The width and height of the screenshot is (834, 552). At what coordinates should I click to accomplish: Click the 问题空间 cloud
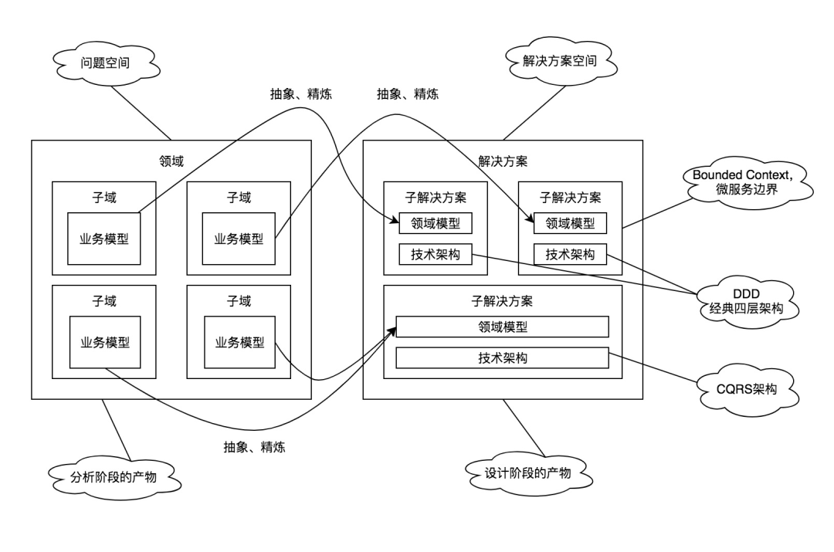[x=107, y=63]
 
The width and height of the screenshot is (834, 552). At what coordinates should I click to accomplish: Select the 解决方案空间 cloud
[x=560, y=61]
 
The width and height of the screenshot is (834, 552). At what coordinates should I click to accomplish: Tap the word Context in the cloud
[x=765, y=175]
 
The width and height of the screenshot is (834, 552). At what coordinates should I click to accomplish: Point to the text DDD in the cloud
[x=746, y=293]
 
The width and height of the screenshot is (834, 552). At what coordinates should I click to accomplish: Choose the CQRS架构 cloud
[x=746, y=389]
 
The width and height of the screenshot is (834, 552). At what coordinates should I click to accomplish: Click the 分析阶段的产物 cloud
[x=114, y=477]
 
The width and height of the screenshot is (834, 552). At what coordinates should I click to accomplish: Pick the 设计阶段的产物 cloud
[x=528, y=472]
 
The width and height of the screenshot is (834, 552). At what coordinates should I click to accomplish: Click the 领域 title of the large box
[x=171, y=161]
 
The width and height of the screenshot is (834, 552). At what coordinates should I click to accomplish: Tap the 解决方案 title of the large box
[x=503, y=161]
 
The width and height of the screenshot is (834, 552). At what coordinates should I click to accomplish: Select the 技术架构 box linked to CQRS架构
[x=502, y=358]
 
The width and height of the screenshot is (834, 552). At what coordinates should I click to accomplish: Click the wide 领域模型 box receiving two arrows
[x=502, y=327]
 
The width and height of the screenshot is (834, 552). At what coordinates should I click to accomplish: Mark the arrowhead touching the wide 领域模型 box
[x=393, y=330]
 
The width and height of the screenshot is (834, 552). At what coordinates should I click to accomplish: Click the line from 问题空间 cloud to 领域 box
[x=141, y=113]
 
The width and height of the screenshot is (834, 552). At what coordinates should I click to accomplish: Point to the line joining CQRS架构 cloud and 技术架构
[x=653, y=367]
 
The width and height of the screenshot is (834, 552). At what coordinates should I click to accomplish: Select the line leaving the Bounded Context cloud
[x=658, y=213]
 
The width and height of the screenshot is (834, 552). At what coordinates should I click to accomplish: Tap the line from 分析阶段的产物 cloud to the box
[x=117, y=430]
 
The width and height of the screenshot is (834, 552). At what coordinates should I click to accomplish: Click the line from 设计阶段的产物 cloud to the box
[x=524, y=428]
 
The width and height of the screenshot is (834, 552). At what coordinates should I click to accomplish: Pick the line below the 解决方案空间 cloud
[x=534, y=112]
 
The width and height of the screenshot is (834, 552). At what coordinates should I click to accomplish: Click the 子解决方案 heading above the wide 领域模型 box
[x=502, y=301]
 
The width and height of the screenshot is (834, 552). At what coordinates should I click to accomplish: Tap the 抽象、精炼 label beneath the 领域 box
[x=254, y=447]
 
